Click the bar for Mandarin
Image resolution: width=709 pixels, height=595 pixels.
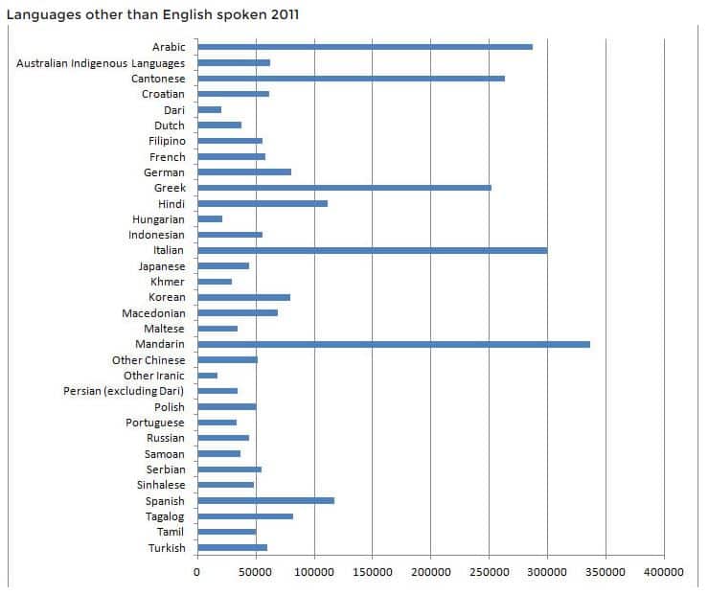pos(393,344)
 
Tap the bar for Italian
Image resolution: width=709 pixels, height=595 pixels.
pos(372,250)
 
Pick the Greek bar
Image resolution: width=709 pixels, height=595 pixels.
pos(344,188)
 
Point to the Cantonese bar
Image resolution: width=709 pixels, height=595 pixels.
pos(351,79)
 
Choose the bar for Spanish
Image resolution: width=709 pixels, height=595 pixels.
pos(265,500)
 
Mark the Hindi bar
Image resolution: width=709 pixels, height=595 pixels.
pos(263,203)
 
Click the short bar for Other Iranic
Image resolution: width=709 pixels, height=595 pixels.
pos(208,376)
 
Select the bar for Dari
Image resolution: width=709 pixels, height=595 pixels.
pos(210,109)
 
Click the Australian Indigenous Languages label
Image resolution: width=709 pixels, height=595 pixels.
pos(101,63)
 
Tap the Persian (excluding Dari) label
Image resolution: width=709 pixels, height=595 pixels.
pos(124,391)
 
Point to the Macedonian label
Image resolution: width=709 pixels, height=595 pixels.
pos(153,313)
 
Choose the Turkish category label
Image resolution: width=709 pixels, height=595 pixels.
pos(166,548)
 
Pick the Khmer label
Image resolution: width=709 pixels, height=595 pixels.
pos(168,282)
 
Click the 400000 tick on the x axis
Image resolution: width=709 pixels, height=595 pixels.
pos(663,572)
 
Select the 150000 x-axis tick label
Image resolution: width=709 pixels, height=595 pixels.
pos(372,572)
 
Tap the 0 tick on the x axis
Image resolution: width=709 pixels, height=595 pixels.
pos(197,572)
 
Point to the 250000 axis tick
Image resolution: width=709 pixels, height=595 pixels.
pos(489,572)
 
